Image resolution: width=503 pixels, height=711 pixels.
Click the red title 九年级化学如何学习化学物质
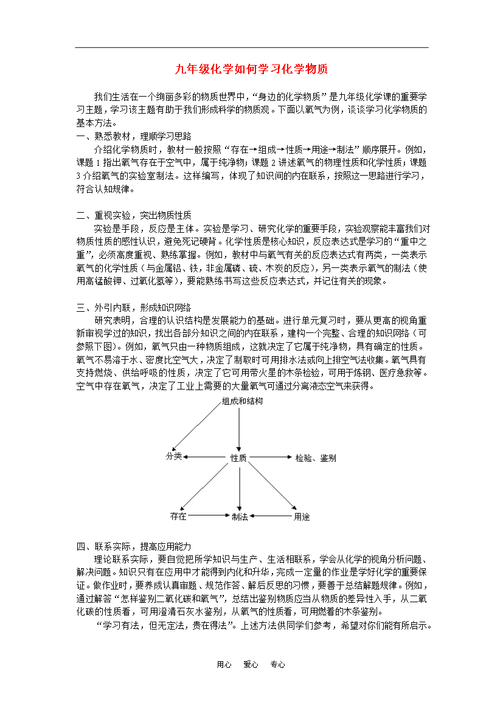click(x=251, y=69)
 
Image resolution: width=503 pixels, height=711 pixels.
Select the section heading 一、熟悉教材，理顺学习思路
click(x=134, y=136)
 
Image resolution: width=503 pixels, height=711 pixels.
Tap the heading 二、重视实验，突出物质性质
click(x=134, y=215)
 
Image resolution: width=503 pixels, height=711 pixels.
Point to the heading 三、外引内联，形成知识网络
click(x=134, y=307)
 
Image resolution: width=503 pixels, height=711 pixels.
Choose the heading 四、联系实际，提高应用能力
click(x=134, y=546)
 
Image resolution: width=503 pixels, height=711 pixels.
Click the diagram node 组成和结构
click(x=242, y=402)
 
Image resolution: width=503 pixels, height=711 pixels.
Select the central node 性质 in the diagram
click(x=238, y=458)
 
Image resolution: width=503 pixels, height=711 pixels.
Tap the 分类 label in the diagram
click(x=174, y=456)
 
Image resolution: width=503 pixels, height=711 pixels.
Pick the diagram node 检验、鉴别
click(x=315, y=458)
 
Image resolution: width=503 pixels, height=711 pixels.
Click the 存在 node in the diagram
click(x=178, y=516)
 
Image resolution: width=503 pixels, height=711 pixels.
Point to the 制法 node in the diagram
click(x=240, y=517)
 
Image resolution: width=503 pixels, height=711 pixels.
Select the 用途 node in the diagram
click(x=302, y=517)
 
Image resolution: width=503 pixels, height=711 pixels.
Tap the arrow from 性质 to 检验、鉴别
click(x=270, y=458)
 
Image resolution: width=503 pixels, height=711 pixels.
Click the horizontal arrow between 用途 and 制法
click(x=271, y=517)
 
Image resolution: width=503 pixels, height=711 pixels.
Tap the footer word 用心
click(x=224, y=665)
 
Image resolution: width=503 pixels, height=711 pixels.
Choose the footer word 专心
click(x=277, y=665)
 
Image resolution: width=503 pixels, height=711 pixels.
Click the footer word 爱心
click(x=251, y=665)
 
